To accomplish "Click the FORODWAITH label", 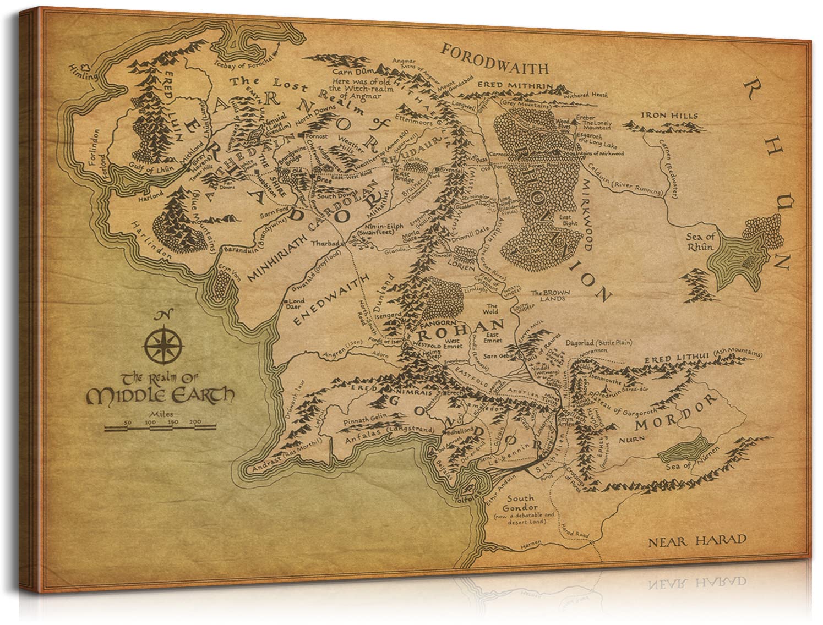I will coord(495,68).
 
